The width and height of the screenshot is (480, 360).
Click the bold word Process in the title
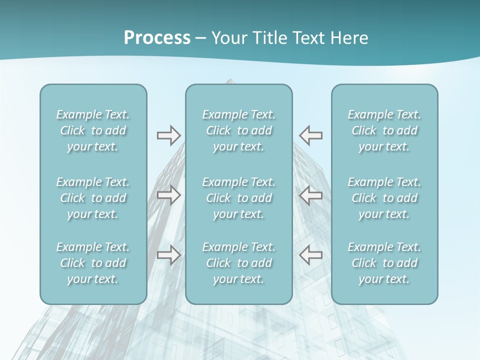(x=157, y=38)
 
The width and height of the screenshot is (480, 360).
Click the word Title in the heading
(x=271, y=38)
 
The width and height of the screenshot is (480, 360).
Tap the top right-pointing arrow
(x=168, y=135)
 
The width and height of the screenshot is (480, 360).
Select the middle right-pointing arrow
(x=168, y=195)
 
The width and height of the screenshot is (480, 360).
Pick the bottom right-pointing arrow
(x=168, y=255)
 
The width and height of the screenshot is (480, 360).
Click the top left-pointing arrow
(x=310, y=135)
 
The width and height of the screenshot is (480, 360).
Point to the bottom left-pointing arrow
(x=310, y=255)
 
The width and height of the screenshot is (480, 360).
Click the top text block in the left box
(x=93, y=130)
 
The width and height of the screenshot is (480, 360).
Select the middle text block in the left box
(x=93, y=198)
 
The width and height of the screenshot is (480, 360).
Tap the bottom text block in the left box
(x=93, y=263)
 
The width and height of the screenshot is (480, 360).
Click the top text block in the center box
(x=239, y=130)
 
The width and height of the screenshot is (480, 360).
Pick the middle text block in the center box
(x=239, y=198)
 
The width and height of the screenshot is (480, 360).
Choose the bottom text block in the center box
(x=239, y=263)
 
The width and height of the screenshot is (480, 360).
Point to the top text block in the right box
(x=384, y=130)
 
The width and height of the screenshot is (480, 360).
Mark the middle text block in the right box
(x=384, y=198)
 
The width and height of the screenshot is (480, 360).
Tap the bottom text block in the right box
(x=384, y=263)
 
